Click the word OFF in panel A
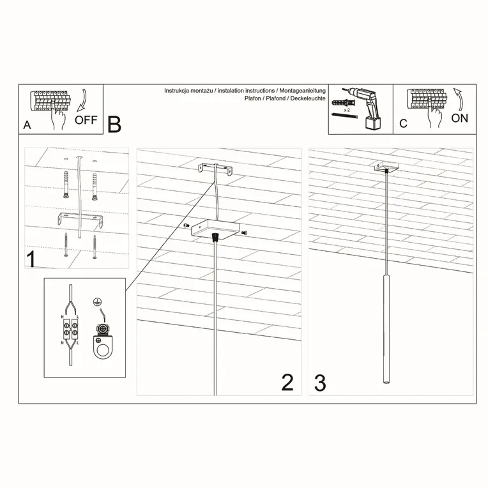point(86,119)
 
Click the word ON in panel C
point(459,118)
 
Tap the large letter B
point(114,125)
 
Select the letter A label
point(27,125)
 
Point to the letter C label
point(403,124)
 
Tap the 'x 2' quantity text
point(347,111)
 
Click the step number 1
point(29,259)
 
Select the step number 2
point(287,382)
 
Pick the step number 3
point(320,382)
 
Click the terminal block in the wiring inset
point(69,332)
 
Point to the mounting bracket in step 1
point(80,220)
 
